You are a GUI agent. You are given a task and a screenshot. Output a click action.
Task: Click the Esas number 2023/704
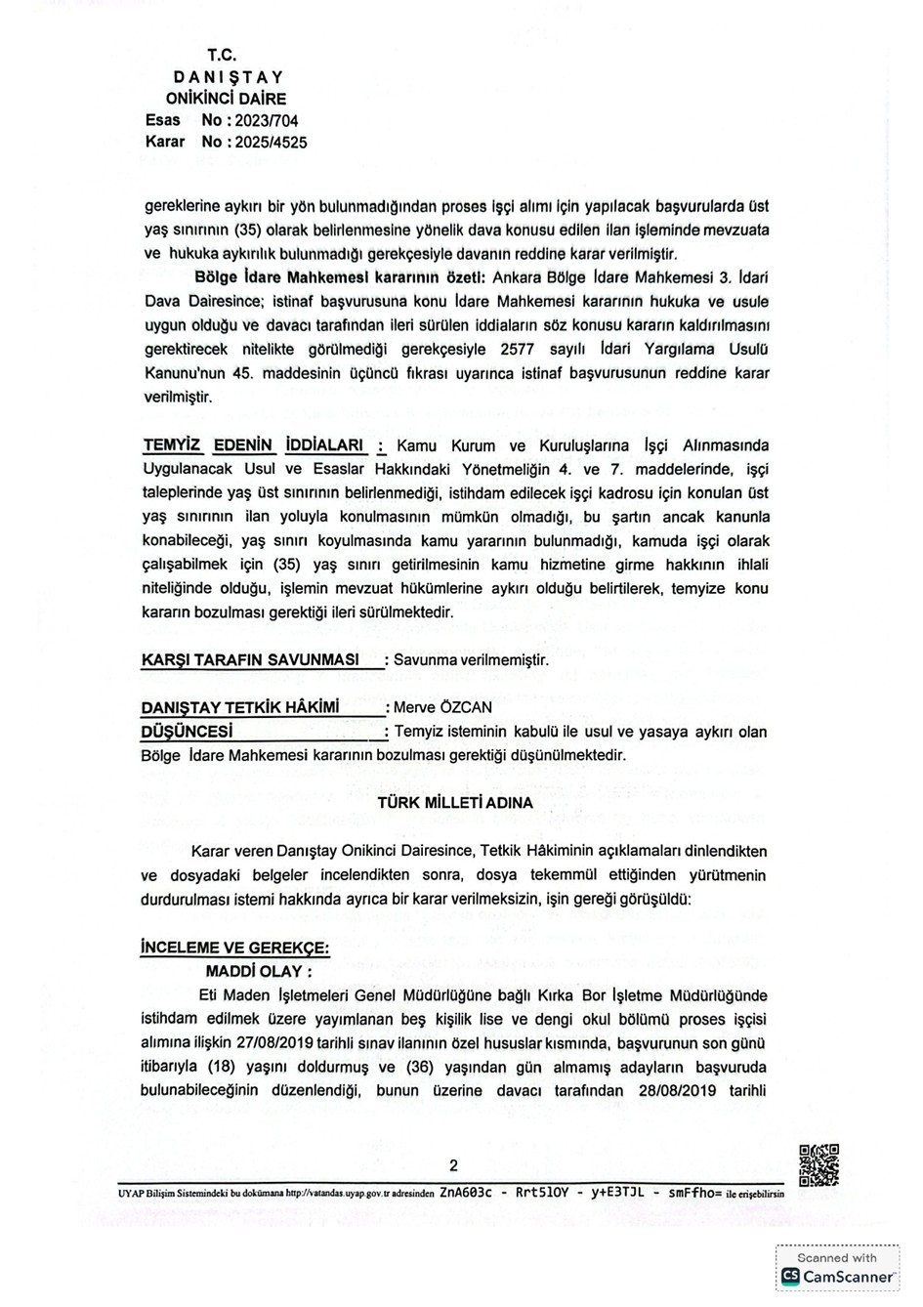[265, 121]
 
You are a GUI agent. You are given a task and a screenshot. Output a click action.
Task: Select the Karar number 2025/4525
[269, 143]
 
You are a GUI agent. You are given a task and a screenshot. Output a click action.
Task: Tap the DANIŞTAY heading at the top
[229, 77]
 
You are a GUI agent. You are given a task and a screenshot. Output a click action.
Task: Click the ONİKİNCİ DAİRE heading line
[227, 99]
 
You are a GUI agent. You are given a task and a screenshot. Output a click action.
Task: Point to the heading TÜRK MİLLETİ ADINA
[455, 803]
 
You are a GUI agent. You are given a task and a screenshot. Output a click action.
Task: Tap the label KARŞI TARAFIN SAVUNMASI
[250, 660]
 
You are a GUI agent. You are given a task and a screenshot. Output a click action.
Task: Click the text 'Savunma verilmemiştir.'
[471, 660]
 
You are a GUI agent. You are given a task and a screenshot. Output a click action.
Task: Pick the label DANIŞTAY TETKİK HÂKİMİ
[240, 707]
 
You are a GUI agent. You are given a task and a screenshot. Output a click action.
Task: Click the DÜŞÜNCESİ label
[188, 732]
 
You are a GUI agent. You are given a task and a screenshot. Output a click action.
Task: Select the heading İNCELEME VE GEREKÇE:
[234, 948]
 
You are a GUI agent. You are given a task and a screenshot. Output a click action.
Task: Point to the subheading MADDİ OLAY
[258, 972]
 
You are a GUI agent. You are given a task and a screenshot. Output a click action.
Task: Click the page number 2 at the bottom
[453, 1164]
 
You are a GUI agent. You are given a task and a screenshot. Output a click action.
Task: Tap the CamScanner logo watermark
[837, 1276]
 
